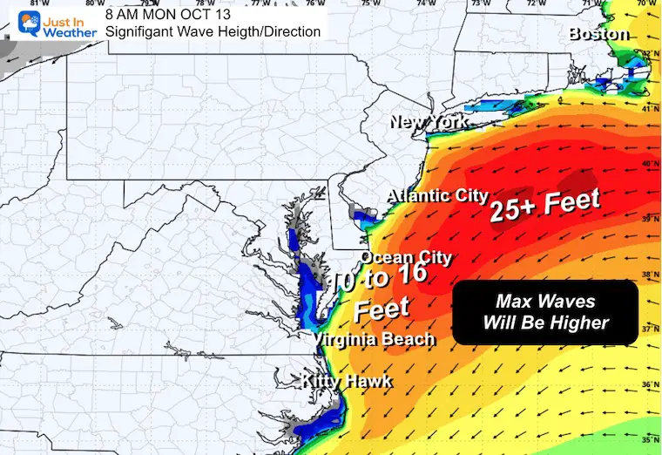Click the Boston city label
pos(598,35)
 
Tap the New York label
pos(429,123)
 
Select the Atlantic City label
pos(437,195)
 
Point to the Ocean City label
pos(406,257)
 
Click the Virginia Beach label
pos(374,339)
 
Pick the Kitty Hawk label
pos(347,382)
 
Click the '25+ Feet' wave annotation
pos(544,206)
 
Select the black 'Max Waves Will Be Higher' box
pos(545,312)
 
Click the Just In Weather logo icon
pos(18,24)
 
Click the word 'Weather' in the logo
pos(62,33)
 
